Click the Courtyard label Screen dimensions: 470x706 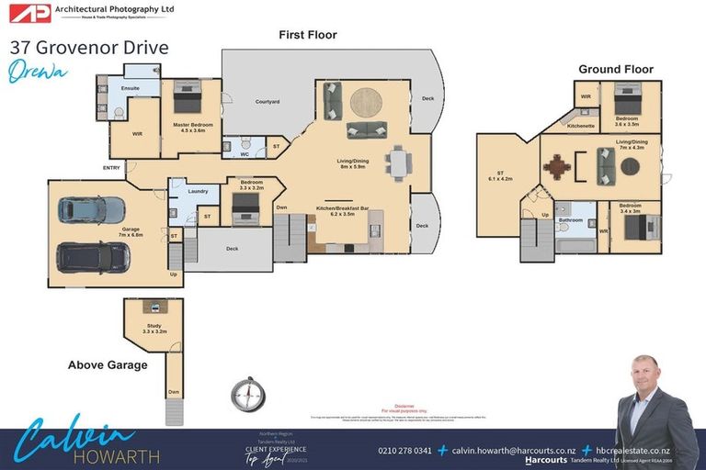(x=268, y=101)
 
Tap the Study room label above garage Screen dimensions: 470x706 (x=154, y=328)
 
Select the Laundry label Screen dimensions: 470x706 (x=198, y=191)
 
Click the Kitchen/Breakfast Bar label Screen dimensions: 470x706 (x=343, y=210)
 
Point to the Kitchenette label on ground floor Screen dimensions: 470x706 (x=581, y=124)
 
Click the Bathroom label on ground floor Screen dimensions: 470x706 (x=571, y=220)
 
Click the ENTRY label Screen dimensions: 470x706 (x=112, y=168)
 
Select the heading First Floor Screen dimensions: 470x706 (x=308, y=35)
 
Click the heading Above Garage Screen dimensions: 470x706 (x=108, y=364)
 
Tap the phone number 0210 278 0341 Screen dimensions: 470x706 (x=405, y=450)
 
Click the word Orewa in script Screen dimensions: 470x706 (x=38, y=73)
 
